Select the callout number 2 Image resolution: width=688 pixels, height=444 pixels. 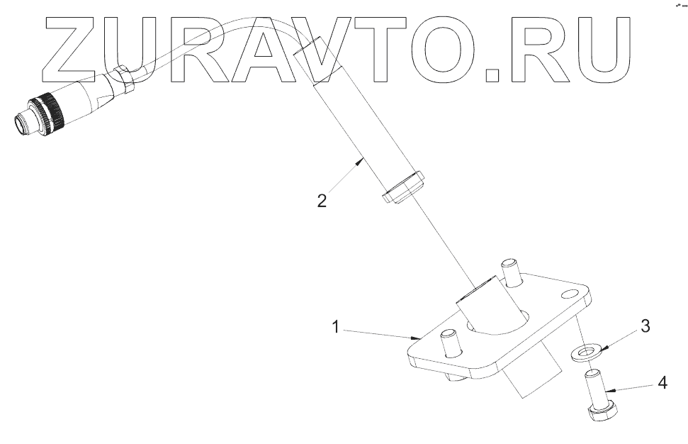(x=322, y=201)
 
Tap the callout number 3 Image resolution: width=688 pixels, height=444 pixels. (x=645, y=326)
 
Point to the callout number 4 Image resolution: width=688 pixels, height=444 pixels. (x=662, y=383)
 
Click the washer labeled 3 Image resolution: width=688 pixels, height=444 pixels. (x=586, y=351)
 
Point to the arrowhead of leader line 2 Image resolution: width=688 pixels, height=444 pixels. (x=362, y=162)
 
